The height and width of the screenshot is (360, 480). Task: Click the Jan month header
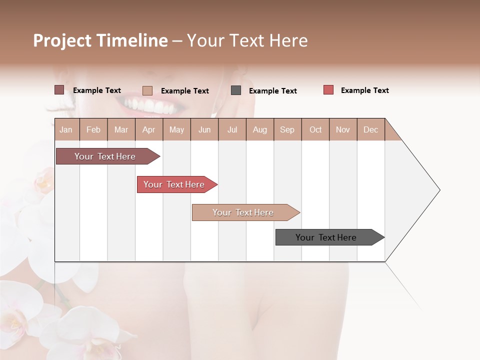(x=66, y=129)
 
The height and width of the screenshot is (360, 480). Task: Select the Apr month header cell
(x=149, y=129)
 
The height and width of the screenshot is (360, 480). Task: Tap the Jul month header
(x=232, y=129)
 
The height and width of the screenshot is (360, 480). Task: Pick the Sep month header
(x=287, y=129)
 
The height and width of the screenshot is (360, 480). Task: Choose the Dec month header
(x=370, y=129)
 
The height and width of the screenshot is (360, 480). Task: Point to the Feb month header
(x=93, y=129)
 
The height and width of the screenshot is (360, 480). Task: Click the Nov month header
(x=343, y=129)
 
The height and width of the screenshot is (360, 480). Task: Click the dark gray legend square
(x=236, y=90)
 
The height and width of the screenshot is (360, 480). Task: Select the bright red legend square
(x=328, y=90)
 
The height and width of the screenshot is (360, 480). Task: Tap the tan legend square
(x=147, y=90)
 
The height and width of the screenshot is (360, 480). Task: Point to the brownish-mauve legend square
(x=59, y=90)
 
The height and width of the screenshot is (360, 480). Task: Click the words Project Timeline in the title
(x=100, y=40)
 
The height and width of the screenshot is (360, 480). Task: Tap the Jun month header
(x=204, y=129)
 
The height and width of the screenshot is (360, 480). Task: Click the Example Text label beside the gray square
(x=272, y=91)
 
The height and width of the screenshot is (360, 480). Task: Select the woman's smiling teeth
(x=145, y=105)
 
